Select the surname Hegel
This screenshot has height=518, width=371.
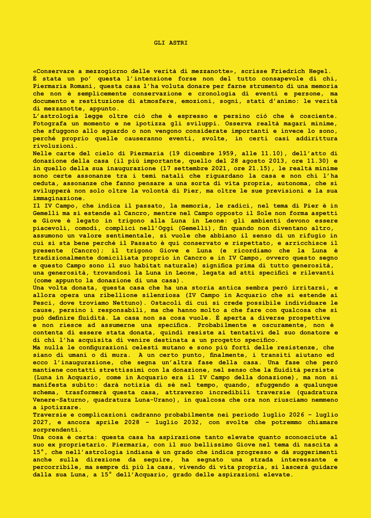tap(318, 71)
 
